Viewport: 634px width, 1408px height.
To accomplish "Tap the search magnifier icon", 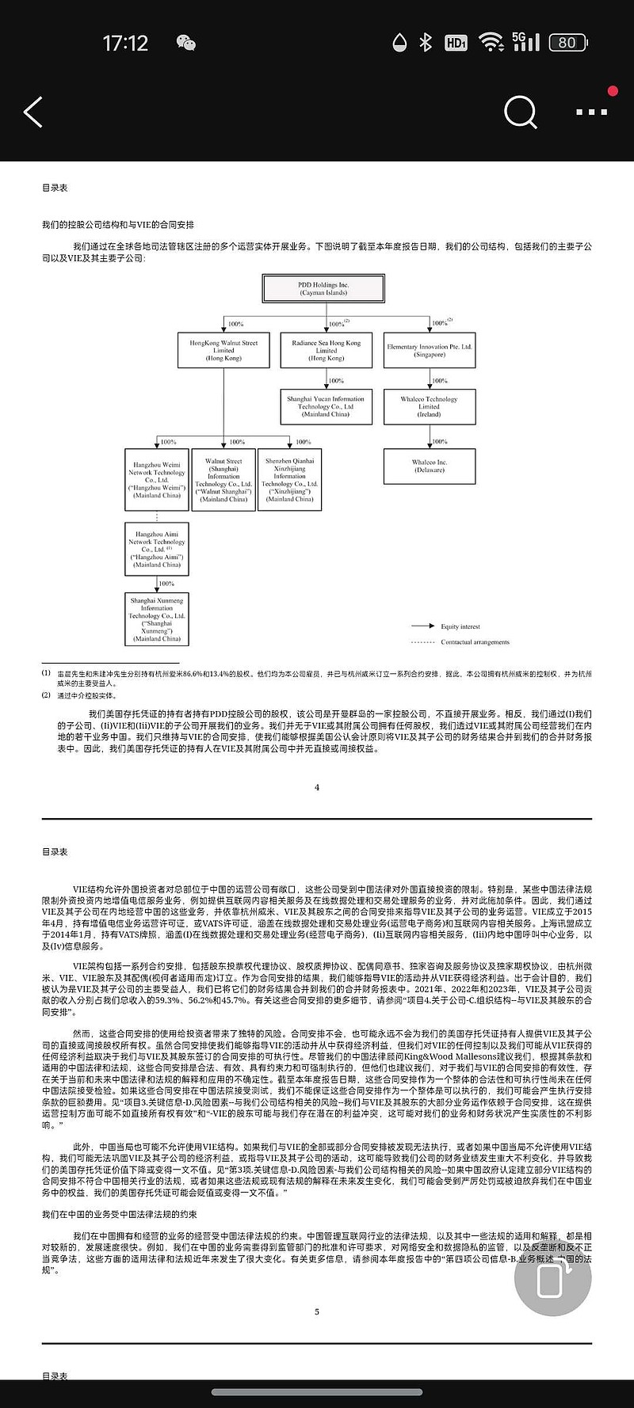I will [520, 112].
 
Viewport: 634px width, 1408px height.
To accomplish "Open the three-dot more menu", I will [591, 112].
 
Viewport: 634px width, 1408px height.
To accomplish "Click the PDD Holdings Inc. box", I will [323, 288].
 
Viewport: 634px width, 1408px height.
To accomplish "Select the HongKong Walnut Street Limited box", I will [223, 350].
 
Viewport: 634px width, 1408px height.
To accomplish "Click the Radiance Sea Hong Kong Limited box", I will [326, 350].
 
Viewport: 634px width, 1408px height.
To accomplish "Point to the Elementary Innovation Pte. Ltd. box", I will [430, 350].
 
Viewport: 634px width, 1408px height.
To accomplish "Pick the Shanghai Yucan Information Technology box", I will [326, 406].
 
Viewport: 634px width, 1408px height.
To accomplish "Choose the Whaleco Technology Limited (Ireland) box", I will [430, 406].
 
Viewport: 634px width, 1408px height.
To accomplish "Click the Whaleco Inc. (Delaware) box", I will [430, 466].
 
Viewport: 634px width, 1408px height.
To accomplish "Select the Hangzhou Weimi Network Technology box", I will [157, 480].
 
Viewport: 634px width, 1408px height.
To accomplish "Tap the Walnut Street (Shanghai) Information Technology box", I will [223, 480].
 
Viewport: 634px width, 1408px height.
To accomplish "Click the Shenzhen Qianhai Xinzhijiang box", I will [290, 480].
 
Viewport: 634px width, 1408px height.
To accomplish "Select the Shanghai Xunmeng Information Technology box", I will [157, 619].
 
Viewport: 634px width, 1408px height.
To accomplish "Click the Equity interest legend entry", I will [460, 626].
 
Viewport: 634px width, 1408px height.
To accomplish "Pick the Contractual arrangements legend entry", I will [474, 642].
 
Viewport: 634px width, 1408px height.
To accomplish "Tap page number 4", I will [317, 787].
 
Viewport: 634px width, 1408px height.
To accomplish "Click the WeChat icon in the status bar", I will [185, 43].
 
